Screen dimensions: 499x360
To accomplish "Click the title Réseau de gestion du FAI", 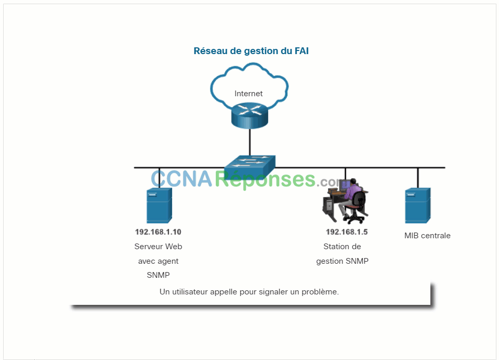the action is [251, 51].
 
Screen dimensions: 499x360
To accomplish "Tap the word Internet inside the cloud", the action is [248, 93].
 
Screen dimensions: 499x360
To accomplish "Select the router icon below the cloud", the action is [250, 115].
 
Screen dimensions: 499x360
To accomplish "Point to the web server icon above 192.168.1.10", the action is [159, 205].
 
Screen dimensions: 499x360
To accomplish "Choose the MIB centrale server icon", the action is [417, 205].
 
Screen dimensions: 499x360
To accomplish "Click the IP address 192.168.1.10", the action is [158, 232].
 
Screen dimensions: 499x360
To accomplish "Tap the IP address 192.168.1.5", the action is [347, 232].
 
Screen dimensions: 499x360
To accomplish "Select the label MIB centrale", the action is [427, 236].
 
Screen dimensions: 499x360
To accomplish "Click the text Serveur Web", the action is [158, 247].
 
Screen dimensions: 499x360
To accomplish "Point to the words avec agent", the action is [158, 261].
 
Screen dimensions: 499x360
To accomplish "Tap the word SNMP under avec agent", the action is [158, 275].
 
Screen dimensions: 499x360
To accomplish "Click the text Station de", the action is [342, 247].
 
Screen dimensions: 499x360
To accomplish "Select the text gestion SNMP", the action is [342, 261].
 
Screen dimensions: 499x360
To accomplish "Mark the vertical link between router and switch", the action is [250, 143].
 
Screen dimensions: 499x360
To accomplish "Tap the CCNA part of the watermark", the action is [181, 179].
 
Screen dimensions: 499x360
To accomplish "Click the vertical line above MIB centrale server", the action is [417, 178].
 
